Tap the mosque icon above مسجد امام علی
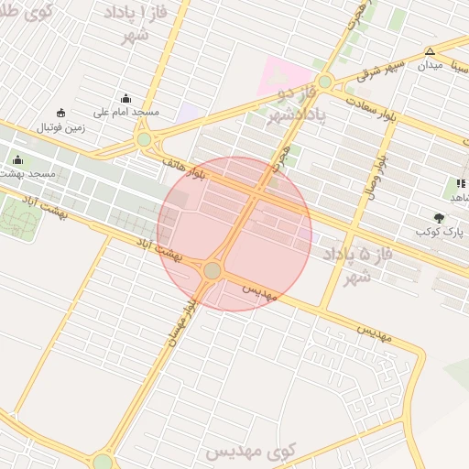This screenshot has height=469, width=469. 125,98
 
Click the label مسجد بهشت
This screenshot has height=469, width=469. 28,173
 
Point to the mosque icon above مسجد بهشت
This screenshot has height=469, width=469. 17,160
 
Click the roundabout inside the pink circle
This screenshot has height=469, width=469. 213,270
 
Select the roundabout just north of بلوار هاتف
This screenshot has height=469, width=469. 144,139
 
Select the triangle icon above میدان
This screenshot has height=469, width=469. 430,51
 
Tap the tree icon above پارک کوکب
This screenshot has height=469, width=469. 439,218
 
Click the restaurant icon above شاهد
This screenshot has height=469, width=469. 460,183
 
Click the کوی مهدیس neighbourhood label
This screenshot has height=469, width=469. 249,451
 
